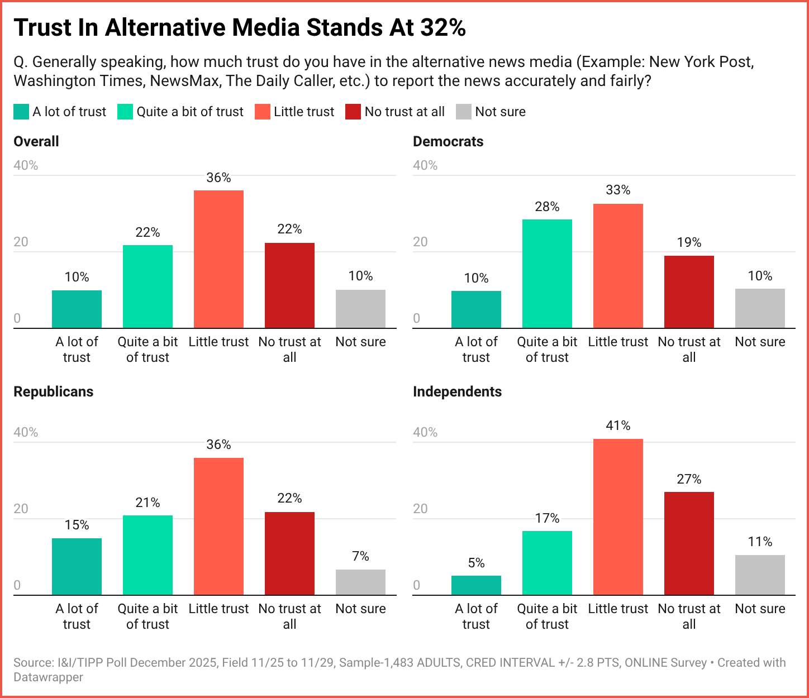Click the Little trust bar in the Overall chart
coord(218,259)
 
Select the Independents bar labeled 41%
coord(618,517)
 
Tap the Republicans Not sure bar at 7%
coord(360,582)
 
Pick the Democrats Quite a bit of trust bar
coord(547,274)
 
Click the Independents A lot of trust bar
coord(476,585)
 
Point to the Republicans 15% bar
coord(77,566)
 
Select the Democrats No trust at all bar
coord(689,291)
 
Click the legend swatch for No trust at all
coord(353,112)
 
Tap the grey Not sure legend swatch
coord(464,112)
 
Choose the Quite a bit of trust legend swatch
coord(125,112)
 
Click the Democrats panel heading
coord(448,141)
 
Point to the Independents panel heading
coord(457,391)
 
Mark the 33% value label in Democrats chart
coord(618,190)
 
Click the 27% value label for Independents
coord(689,479)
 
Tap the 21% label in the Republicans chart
coord(147,503)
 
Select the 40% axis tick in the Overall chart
coord(26,165)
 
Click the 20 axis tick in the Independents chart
coord(420,509)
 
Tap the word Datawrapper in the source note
coord(48,677)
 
